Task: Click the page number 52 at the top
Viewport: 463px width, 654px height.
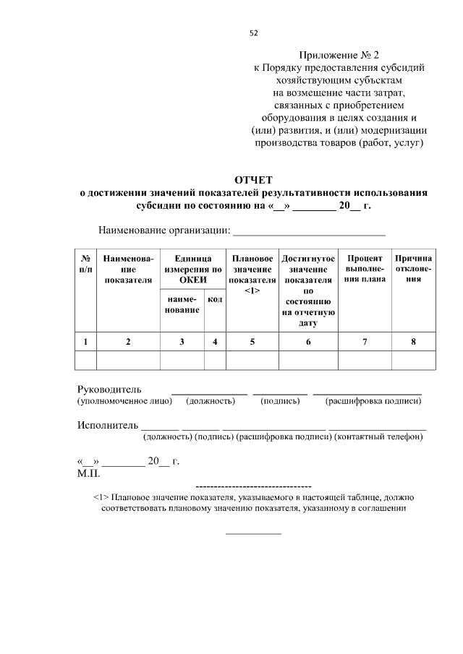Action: click(x=252, y=33)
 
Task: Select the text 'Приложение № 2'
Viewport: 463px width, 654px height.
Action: click(x=339, y=54)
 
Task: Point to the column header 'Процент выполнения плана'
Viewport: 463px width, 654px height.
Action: click(x=365, y=268)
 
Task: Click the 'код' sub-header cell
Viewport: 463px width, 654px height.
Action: click(x=215, y=299)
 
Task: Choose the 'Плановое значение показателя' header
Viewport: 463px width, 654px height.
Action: click(x=252, y=274)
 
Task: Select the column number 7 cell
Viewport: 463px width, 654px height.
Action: click(x=365, y=342)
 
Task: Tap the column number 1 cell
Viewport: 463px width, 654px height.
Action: click(x=85, y=342)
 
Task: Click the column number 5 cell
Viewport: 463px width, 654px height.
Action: click(x=252, y=342)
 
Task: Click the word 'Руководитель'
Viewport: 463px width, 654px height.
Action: click(x=109, y=390)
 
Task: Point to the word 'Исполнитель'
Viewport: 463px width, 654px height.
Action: click(x=108, y=425)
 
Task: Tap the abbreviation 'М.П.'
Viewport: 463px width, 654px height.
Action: click(x=88, y=473)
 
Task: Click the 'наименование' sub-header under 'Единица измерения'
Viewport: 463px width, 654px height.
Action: click(x=182, y=304)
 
